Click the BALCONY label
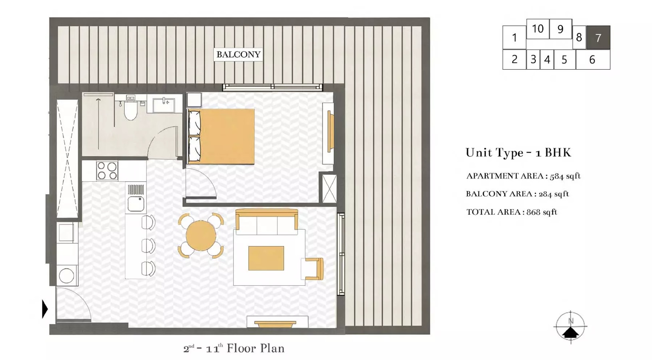238,54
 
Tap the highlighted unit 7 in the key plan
598,38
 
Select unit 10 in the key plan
538,29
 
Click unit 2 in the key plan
514,60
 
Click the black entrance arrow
45,309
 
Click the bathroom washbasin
163,105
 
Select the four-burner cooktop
107,170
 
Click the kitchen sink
136,204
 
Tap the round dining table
201,236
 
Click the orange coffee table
266,258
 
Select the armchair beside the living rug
313,268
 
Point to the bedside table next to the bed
194,100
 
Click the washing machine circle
67,276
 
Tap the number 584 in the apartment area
556,176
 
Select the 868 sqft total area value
542,212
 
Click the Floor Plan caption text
255,348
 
